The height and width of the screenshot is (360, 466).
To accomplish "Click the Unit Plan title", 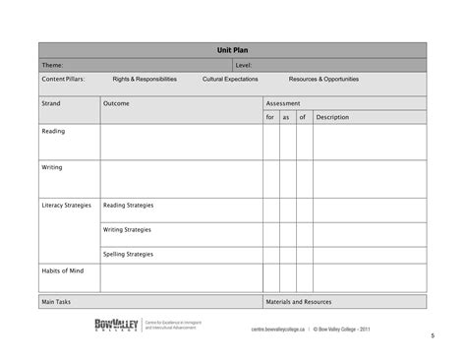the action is (232, 49).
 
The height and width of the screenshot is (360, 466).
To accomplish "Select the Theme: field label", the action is (52, 65).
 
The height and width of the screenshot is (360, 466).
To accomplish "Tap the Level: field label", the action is (244, 65).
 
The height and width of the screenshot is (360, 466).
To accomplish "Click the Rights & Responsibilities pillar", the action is (145, 79).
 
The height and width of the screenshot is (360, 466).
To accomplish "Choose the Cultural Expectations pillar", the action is (230, 79).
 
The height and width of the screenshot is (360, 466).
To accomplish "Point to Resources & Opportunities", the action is (323, 79).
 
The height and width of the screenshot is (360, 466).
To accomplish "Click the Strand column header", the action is (51, 102).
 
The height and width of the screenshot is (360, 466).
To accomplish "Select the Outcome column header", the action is (116, 102).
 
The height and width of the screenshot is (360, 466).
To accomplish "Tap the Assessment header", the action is (283, 102).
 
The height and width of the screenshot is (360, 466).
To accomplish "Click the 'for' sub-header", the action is (270, 117).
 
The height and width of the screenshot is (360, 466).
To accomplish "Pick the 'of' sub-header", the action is (303, 117).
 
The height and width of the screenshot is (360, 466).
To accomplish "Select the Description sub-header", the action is (332, 117).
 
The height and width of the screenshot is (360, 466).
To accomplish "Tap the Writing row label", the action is (52, 167).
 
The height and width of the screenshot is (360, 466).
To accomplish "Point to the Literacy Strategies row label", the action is (66, 206).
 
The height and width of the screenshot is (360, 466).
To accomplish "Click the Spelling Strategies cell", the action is (128, 254).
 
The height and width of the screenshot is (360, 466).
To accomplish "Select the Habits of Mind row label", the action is (61, 270).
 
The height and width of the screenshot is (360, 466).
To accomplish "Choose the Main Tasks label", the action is (56, 302).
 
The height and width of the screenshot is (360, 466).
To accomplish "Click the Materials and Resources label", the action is (299, 302).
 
